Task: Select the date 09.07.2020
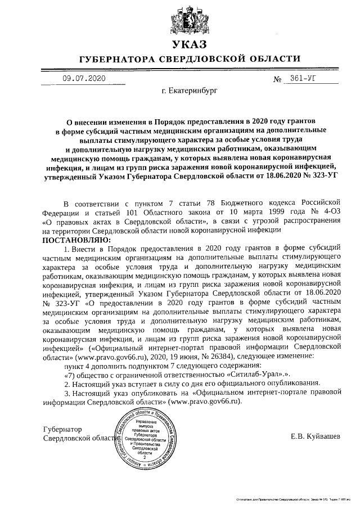pos(84,78)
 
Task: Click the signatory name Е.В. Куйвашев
pos(316,436)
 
